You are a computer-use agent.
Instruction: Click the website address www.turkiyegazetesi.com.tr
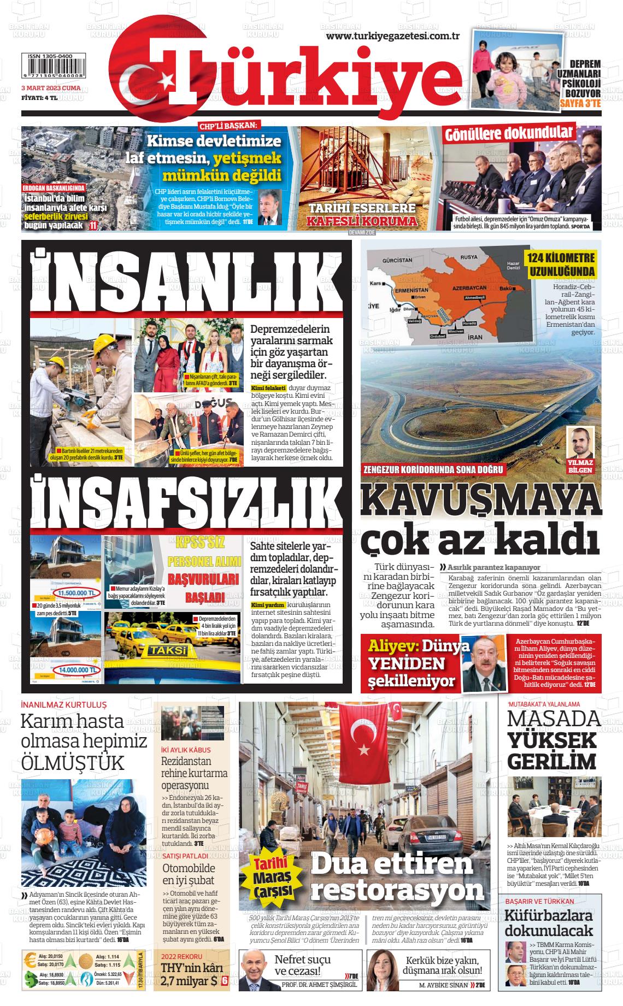(392, 36)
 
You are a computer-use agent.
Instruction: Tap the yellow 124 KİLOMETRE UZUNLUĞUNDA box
(561, 264)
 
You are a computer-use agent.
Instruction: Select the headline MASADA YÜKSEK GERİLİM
(553, 739)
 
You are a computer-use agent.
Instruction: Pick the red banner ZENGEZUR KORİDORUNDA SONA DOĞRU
(433, 469)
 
